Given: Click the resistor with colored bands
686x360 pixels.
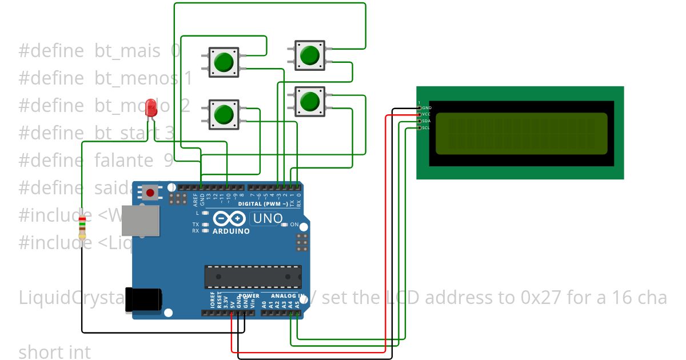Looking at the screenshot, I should [83, 227].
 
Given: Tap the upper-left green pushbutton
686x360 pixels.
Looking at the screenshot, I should [224, 61].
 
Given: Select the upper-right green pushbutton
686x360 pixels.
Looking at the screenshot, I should [309, 55].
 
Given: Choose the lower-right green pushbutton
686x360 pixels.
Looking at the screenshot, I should [309, 101].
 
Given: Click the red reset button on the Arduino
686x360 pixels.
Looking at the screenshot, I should [150, 193].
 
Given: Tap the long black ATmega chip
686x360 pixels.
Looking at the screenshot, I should [253, 277].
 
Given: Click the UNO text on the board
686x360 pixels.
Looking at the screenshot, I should [268, 218].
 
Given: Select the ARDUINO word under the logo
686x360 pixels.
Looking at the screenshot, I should [231, 231].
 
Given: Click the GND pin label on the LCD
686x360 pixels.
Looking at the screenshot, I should [426, 107].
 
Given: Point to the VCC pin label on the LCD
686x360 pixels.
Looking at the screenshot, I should [426, 114].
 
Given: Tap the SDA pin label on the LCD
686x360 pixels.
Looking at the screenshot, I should [426, 121].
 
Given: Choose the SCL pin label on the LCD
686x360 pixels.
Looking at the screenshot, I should [426, 128].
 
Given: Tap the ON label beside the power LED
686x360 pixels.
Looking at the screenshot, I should [295, 225].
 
